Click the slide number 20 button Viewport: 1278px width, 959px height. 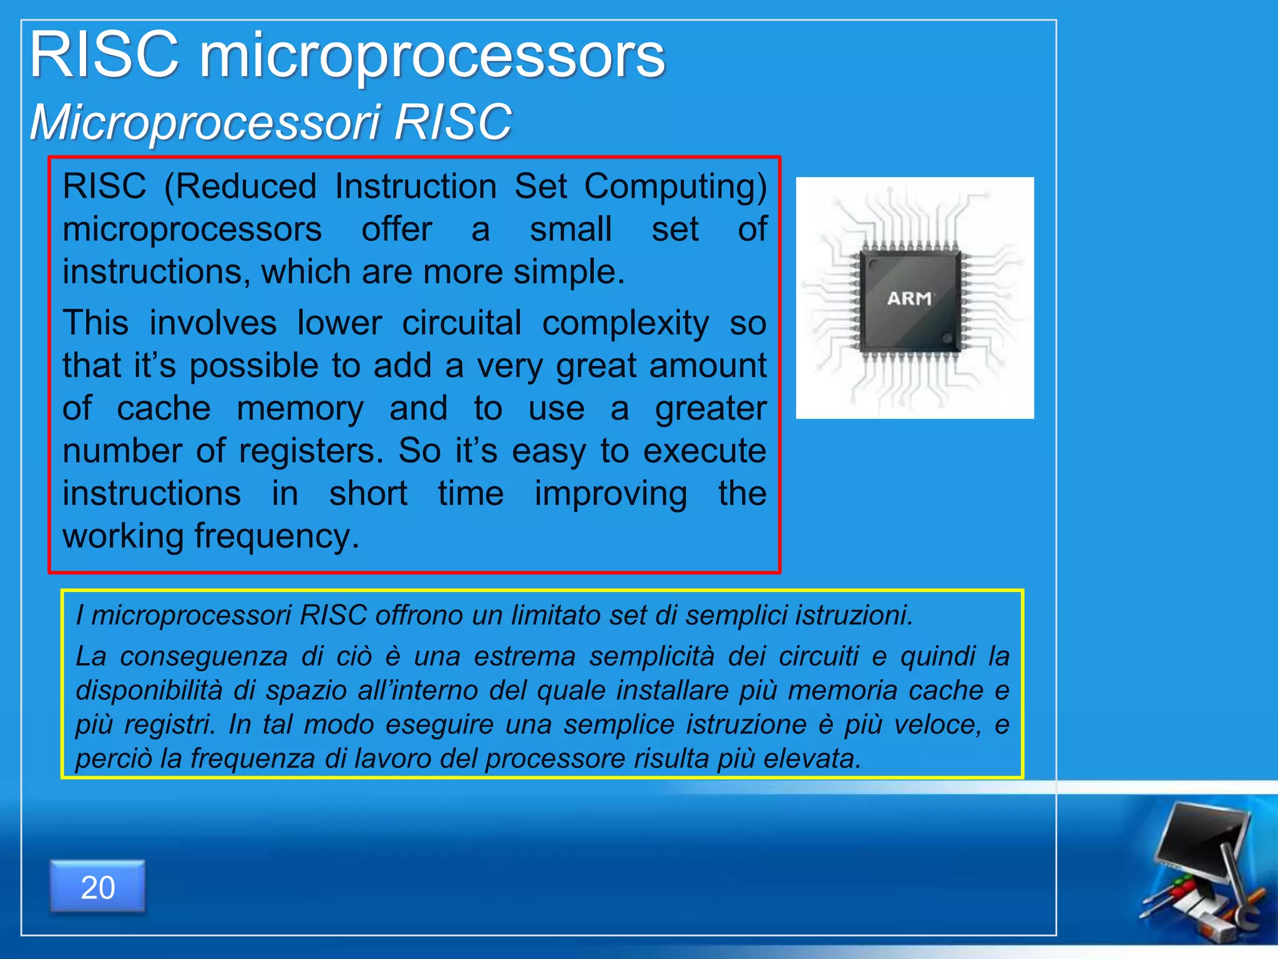click(x=98, y=887)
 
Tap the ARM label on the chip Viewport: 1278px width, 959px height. click(x=909, y=298)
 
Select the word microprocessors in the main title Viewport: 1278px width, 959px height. click(x=432, y=57)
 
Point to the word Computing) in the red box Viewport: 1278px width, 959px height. click(x=675, y=187)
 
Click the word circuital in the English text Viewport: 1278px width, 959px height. click(x=461, y=323)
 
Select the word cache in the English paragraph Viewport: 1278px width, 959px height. click(x=163, y=409)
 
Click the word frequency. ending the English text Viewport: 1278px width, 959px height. click(x=276, y=536)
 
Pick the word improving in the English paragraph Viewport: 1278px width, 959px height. click(x=610, y=494)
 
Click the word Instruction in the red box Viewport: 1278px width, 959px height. click(x=416, y=187)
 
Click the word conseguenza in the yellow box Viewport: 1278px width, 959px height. click(x=203, y=656)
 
